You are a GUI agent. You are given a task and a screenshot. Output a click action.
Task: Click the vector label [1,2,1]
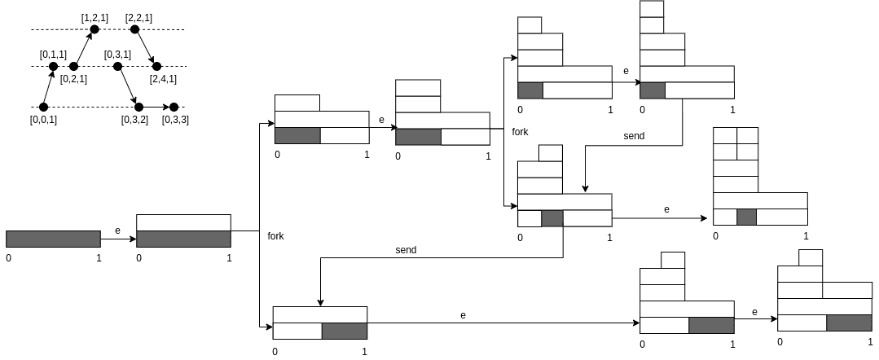tap(94, 17)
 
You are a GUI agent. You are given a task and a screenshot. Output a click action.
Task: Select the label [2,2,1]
tap(138, 17)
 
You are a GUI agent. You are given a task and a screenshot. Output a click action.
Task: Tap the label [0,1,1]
tap(53, 54)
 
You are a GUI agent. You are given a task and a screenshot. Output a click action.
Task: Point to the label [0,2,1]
tap(73, 79)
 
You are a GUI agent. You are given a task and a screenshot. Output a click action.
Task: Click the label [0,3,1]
tap(117, 54)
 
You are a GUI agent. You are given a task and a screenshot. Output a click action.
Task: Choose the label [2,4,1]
tap(163, 79)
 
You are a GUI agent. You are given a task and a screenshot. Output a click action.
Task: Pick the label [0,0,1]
tap(43, 120)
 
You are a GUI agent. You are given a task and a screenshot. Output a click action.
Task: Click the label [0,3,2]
tap(134, 120)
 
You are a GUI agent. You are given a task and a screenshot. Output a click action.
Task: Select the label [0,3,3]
tap(175, 120)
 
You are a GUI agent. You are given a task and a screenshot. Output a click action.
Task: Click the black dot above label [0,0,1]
tap(43, 107)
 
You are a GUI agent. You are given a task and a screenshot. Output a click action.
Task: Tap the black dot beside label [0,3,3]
tap(174, 107)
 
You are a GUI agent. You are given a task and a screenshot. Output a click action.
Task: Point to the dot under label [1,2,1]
tap(94, 29)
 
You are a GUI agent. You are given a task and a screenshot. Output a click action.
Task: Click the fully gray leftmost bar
tap(53, 239)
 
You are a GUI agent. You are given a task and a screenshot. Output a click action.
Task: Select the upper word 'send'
tap(634, 136)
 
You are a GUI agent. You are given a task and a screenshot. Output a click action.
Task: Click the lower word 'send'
tap(406, 250)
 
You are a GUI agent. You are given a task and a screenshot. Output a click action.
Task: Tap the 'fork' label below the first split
tap(275, 236)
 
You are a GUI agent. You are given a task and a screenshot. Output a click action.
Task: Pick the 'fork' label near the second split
tap(521, 131)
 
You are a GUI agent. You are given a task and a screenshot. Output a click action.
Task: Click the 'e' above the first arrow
tap(117, 230)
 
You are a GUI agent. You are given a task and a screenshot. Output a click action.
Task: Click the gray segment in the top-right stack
tap(653, 90)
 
